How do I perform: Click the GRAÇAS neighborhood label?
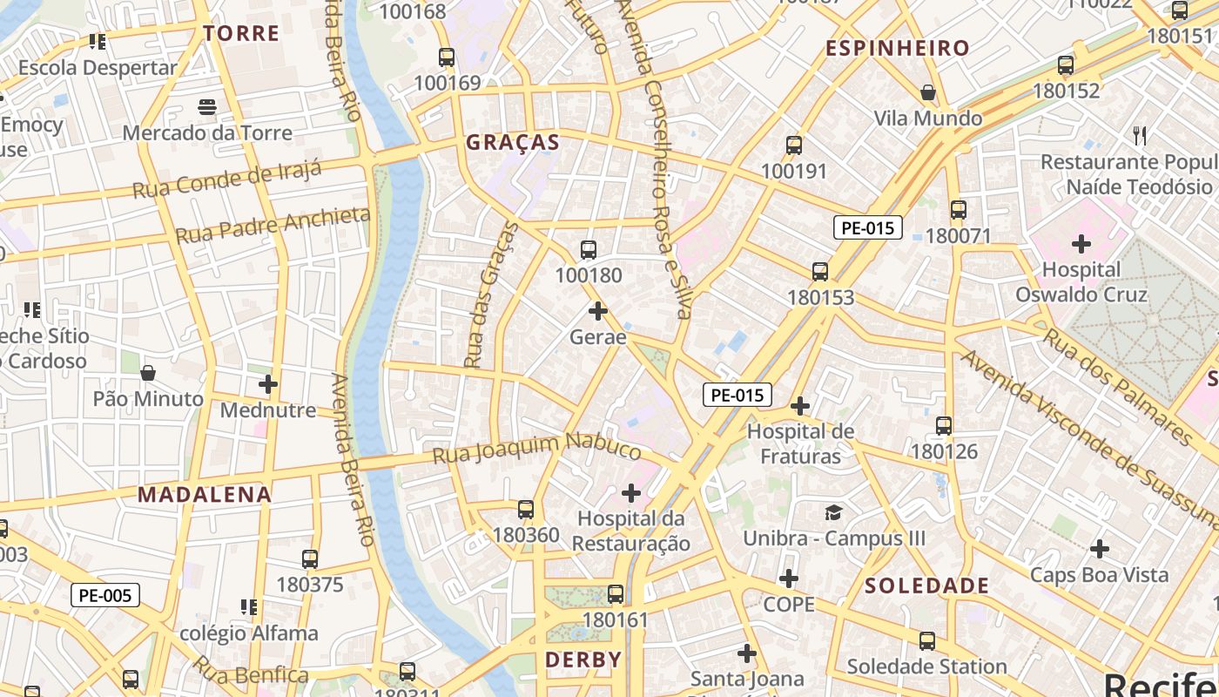click(x=512, y=143)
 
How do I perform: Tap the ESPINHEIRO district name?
click(x=897, y=49)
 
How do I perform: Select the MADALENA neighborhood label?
click(x=205, y=495)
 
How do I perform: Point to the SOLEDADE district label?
click(x=926, y=585)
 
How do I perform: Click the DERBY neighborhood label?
click(x=583, y=660)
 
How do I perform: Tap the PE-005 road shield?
click(x=104, y=596)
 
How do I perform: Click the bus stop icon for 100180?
click(x=589, y=251)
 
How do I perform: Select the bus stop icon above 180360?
click(x=526, y=510)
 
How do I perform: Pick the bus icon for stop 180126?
click(x=944, y=426)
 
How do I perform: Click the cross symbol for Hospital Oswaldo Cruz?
click(x=1081, y=244)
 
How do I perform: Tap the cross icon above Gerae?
click(x=598, y=311)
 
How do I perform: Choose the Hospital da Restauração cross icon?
click(x=631, y=494)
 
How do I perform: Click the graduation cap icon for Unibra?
click(x=834, y=512)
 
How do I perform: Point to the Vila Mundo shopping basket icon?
click(x=928, y=92)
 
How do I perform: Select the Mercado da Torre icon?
click(x=207, y=107)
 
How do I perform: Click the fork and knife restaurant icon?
click(x=1140, y=136)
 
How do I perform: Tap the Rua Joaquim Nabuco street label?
click(x=536, y=448)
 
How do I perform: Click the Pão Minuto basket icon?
click(x=148, y=374)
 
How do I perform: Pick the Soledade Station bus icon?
click(x=927, y=641)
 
